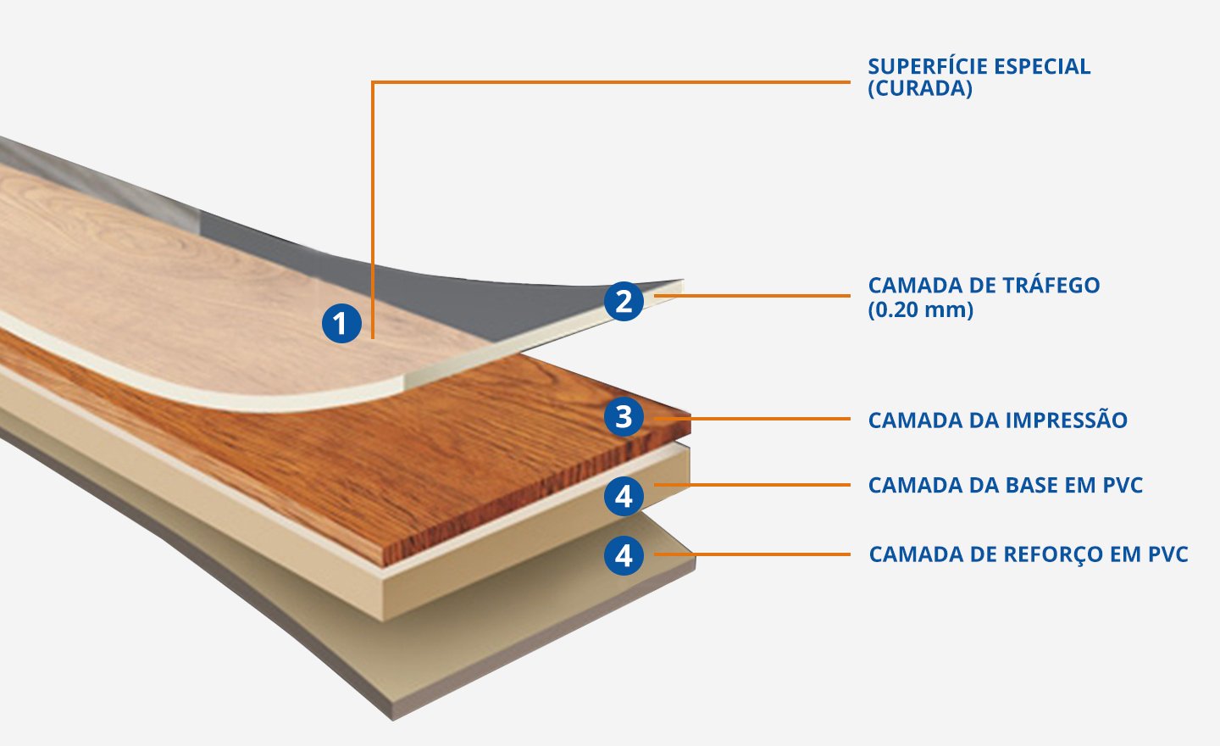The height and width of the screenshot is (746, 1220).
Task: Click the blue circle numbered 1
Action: (341, 323)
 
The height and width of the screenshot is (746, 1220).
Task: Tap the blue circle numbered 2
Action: (624, 301)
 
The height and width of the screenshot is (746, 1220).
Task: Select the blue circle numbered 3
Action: (624, 417)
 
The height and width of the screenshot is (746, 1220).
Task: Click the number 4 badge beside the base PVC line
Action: (624, 496)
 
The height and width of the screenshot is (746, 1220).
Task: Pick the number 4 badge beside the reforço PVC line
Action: (624, 556)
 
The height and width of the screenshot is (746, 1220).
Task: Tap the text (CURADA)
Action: (920, 89)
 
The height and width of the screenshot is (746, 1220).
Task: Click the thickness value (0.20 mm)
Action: (921, 309)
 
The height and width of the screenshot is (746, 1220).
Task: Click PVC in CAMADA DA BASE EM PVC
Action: (1123, 486)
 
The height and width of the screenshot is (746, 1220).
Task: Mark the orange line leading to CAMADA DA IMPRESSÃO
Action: (762, 418)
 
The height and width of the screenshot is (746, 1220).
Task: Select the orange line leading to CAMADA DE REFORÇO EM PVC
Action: (762, 554)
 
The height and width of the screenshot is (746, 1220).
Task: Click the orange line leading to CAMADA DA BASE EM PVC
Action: (762, 485)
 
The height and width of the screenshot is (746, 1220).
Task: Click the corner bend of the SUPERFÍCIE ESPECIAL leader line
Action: (373, 82)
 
